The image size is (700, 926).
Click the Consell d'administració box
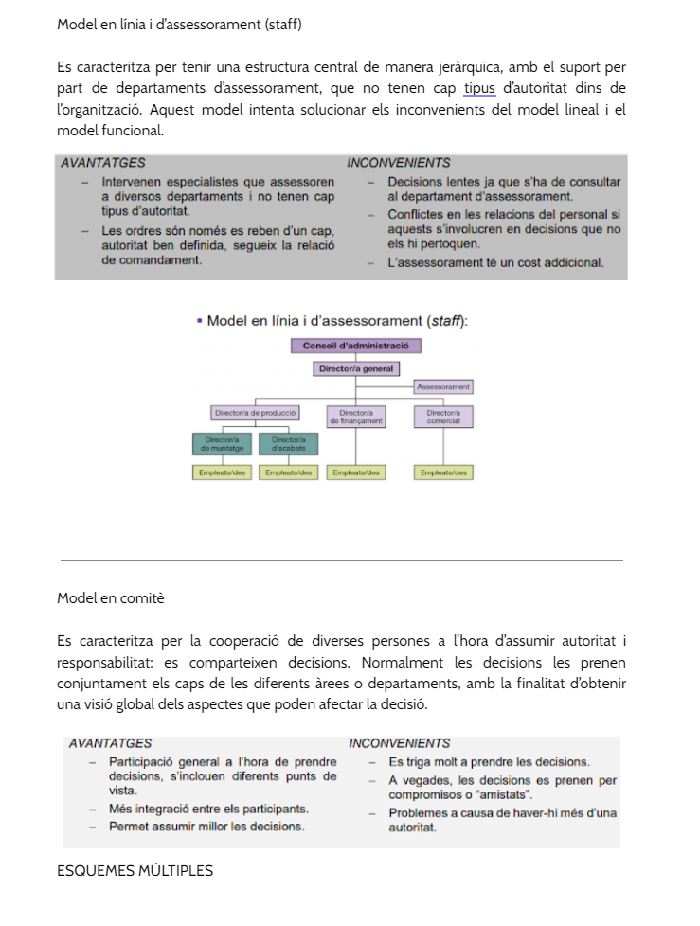355,346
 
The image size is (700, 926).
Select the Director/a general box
355,369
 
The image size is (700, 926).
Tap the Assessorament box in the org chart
443,387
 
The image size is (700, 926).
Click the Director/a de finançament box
355,417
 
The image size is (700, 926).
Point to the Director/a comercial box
443,417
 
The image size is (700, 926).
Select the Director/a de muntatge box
223,443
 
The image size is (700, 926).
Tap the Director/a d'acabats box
288,443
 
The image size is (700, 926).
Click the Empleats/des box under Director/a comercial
443,472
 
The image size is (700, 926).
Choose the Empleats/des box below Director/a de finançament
355,472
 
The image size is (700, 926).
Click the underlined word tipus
479,89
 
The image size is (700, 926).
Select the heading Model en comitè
111,598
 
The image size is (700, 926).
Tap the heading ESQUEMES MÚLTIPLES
135,871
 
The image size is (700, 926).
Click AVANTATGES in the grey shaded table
103,163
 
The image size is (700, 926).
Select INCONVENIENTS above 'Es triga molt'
399,744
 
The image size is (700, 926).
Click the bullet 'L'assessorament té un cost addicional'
495,262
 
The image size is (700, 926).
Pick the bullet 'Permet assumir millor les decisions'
206,827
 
